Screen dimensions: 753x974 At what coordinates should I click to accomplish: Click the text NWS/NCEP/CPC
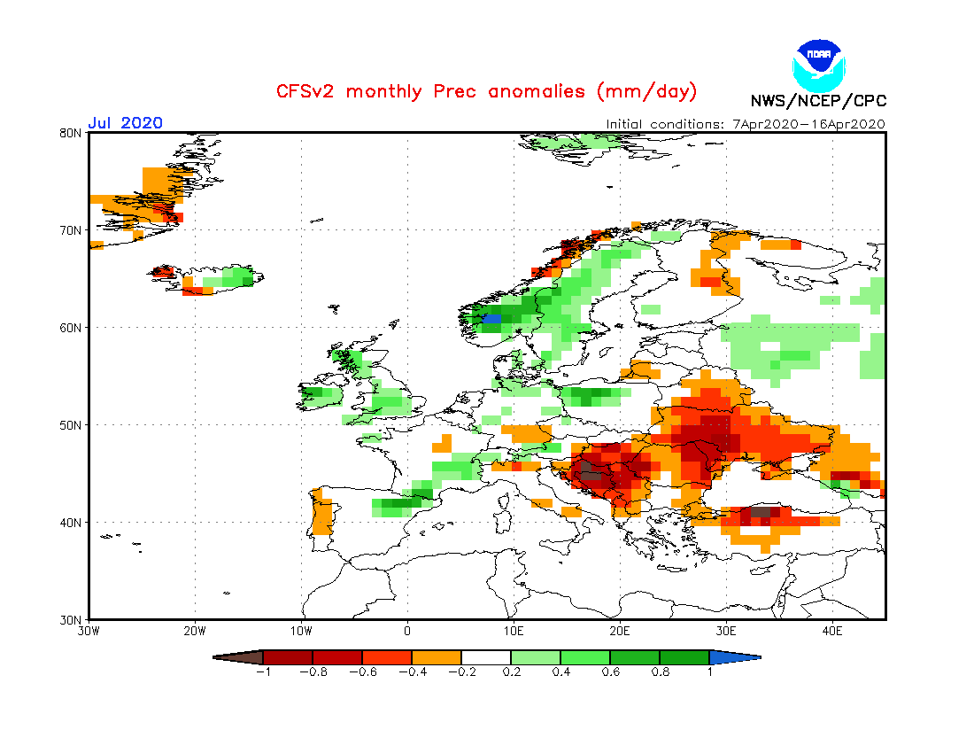coord(818,101)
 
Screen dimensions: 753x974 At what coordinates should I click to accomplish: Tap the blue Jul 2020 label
coord(125,123)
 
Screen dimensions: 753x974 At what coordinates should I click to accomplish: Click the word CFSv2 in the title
coord(306,91)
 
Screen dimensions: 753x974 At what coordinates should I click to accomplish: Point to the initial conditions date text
coord(746,124)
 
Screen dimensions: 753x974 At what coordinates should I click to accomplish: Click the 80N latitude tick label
coord(72,133)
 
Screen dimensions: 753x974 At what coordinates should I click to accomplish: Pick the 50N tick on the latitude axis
coord(72,425)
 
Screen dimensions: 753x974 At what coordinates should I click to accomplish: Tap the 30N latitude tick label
coord(72,619)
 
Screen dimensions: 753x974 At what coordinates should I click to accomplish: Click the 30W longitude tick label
coord(89,632)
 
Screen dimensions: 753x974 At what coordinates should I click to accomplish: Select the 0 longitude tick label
coord(407,632)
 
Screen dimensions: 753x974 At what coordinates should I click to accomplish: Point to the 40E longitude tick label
coord(832,632)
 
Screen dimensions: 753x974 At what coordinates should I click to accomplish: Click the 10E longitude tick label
coord(514,632)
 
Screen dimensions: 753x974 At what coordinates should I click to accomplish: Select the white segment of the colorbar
coord(486,657)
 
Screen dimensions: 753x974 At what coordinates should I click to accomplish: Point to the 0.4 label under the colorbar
coord(560,672)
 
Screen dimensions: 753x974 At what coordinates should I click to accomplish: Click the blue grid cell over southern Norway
coord(491,318)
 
